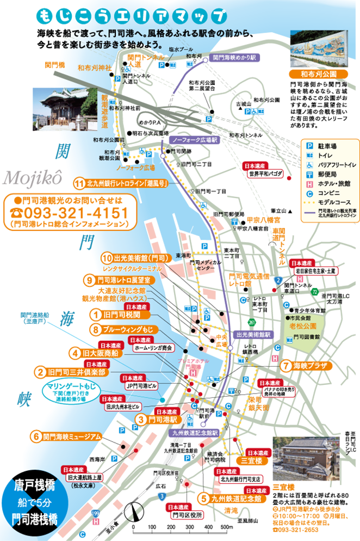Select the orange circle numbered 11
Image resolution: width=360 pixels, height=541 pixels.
point(80,183)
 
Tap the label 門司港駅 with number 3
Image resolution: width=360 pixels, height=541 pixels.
point(159,420)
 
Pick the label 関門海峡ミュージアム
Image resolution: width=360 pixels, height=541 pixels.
point(72,437)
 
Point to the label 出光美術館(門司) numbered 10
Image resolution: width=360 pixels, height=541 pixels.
point(135,257)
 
